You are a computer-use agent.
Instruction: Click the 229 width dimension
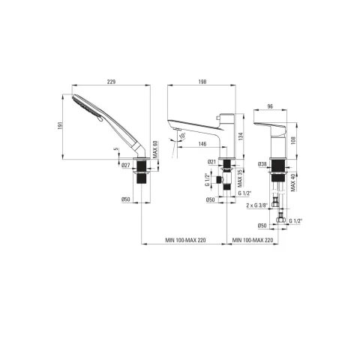[111, 82]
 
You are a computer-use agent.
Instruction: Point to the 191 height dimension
[60, 126]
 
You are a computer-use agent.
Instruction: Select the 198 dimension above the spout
[202, 82]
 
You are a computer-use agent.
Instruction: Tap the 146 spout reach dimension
[202, 144]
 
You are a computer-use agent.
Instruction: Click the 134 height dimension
[241, 136]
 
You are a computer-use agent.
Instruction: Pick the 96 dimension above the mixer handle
[270, 106]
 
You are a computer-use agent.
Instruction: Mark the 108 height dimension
[293, 140]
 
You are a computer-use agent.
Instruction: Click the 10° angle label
[182, 136]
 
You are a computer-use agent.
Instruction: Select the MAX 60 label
[155, 149]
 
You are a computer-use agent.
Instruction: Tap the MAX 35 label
[240, 178]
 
